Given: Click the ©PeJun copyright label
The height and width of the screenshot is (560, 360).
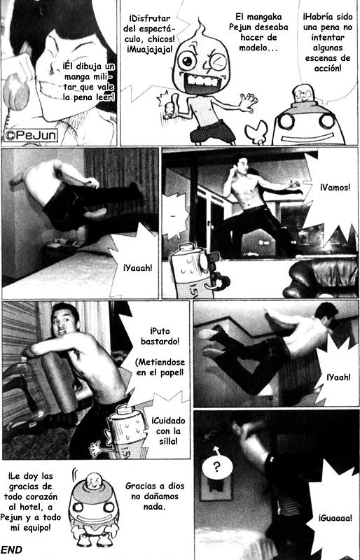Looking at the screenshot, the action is (31, 135).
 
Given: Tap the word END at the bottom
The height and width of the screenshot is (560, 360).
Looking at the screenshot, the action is (11, 550).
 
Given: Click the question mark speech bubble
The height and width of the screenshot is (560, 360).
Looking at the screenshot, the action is (217, 466).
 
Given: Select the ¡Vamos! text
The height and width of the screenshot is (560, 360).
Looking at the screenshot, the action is (335, 187).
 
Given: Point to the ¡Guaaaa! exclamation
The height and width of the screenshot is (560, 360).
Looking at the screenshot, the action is (335, 517).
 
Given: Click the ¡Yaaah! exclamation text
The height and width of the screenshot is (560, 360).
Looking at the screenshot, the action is (138, 268).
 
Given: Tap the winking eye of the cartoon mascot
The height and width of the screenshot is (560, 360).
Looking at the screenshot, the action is (219, 62).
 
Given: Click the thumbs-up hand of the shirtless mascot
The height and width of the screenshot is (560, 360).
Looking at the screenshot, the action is (168, 108).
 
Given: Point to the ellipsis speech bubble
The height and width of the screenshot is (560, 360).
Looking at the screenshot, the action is (174, 216).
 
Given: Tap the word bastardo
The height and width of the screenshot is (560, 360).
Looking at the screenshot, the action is (160, 341).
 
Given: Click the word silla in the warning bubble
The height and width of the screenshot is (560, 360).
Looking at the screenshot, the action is (168, 441).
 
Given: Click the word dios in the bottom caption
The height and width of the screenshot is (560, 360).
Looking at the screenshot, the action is (176, 486).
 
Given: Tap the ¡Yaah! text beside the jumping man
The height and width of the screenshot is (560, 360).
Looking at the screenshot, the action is (338, 377).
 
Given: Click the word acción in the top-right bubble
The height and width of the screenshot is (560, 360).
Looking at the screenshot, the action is (328, 68).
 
